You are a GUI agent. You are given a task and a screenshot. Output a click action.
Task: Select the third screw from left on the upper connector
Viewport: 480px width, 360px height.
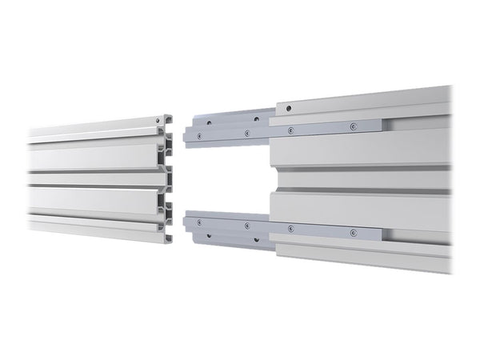click(290, 129)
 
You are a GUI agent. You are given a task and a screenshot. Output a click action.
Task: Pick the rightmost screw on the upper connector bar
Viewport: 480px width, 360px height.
click(351, 126)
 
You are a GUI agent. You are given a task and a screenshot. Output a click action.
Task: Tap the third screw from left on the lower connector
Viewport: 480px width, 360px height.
click(290, 228)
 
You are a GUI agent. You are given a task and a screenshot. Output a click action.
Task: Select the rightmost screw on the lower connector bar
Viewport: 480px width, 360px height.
click(352, 232)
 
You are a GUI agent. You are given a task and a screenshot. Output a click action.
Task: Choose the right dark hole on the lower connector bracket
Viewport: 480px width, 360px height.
click(256, 239)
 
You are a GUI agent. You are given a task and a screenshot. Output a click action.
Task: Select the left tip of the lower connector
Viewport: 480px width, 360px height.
click(186, 223)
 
